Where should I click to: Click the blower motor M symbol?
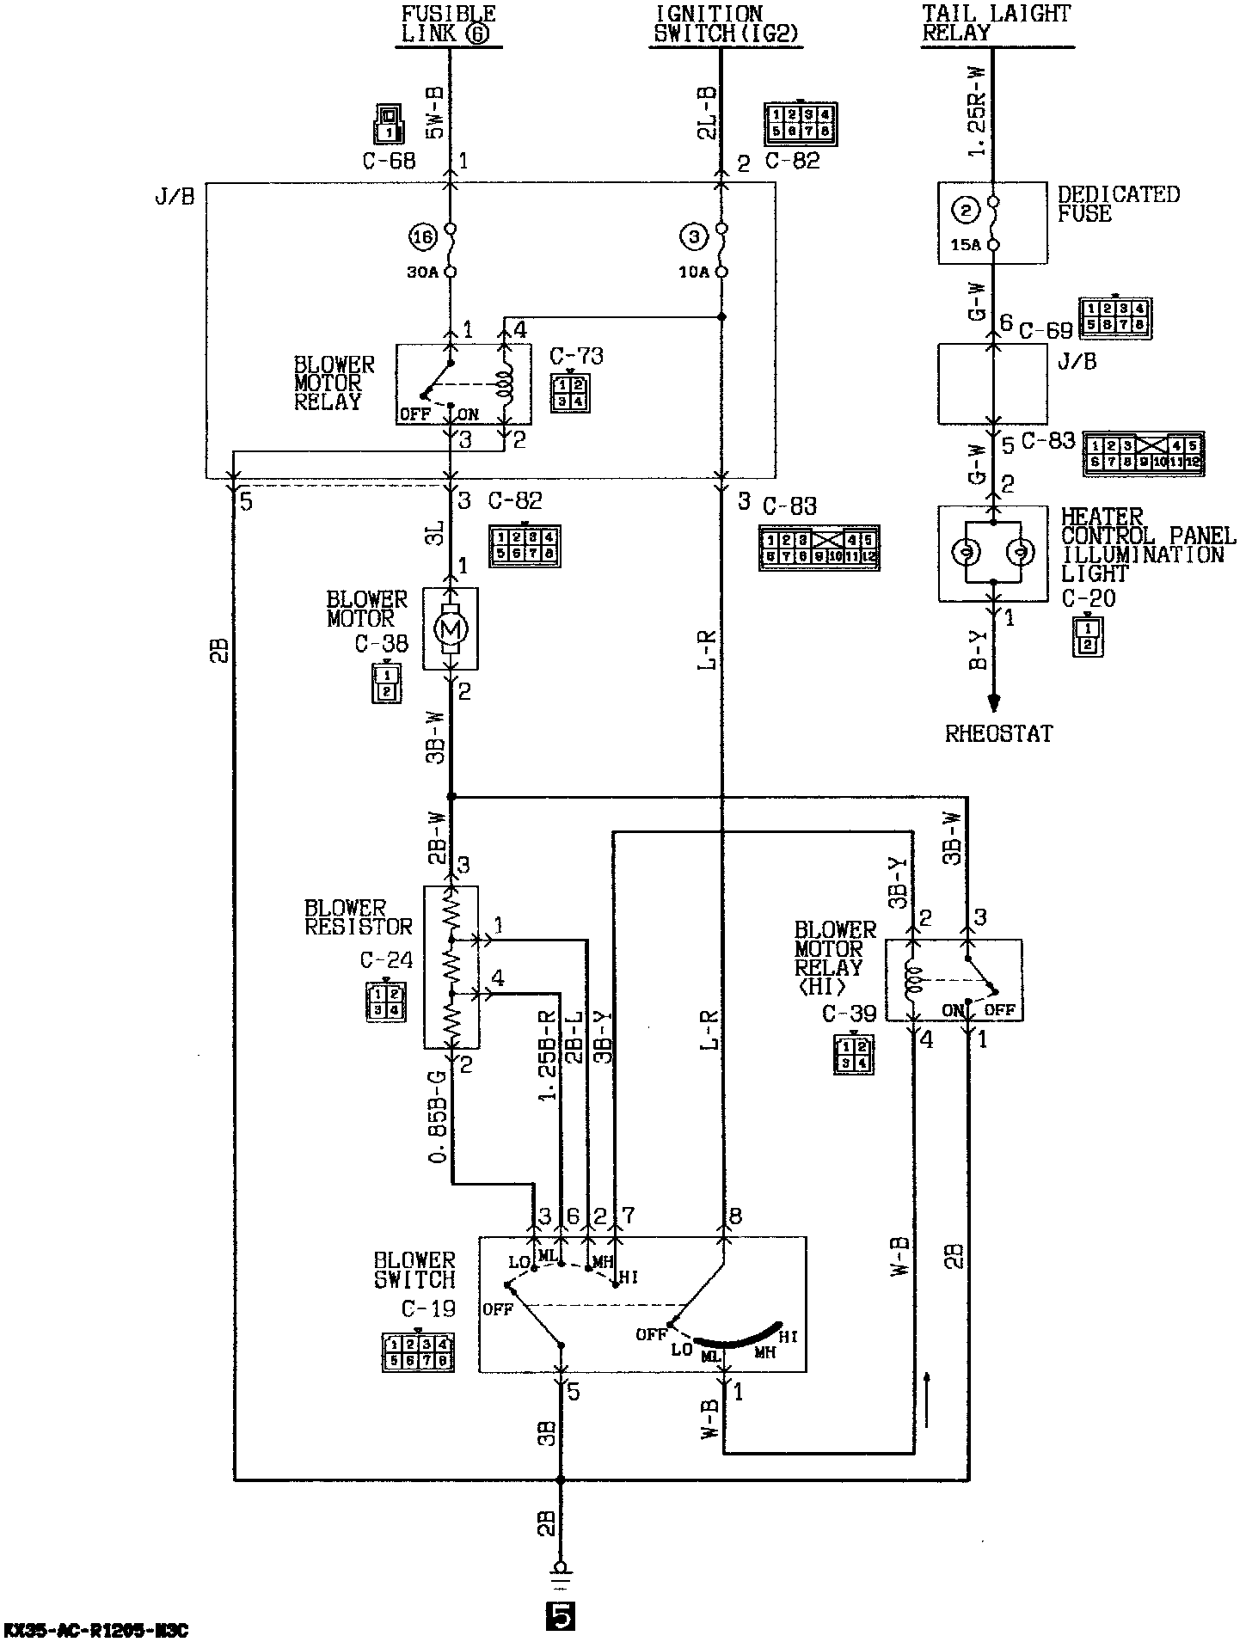[x=451, y=628]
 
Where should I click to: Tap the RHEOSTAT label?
[x=999, y=733]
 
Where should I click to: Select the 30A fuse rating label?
[x=421, y=273]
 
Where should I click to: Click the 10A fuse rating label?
[x=693, y=273]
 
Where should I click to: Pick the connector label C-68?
[x=389, y=161]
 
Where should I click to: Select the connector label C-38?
[x=381, y=644]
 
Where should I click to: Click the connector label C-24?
[x=386, y=959]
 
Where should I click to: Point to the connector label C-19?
[x=428, y=1308]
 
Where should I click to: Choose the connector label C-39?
[x=849, y=1014]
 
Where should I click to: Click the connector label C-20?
[x=1088, y=598]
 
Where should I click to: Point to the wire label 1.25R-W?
[x=976, y=117]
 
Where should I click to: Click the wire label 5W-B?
[x=435, y=113]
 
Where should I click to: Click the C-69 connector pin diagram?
[x=1115, y=319]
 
